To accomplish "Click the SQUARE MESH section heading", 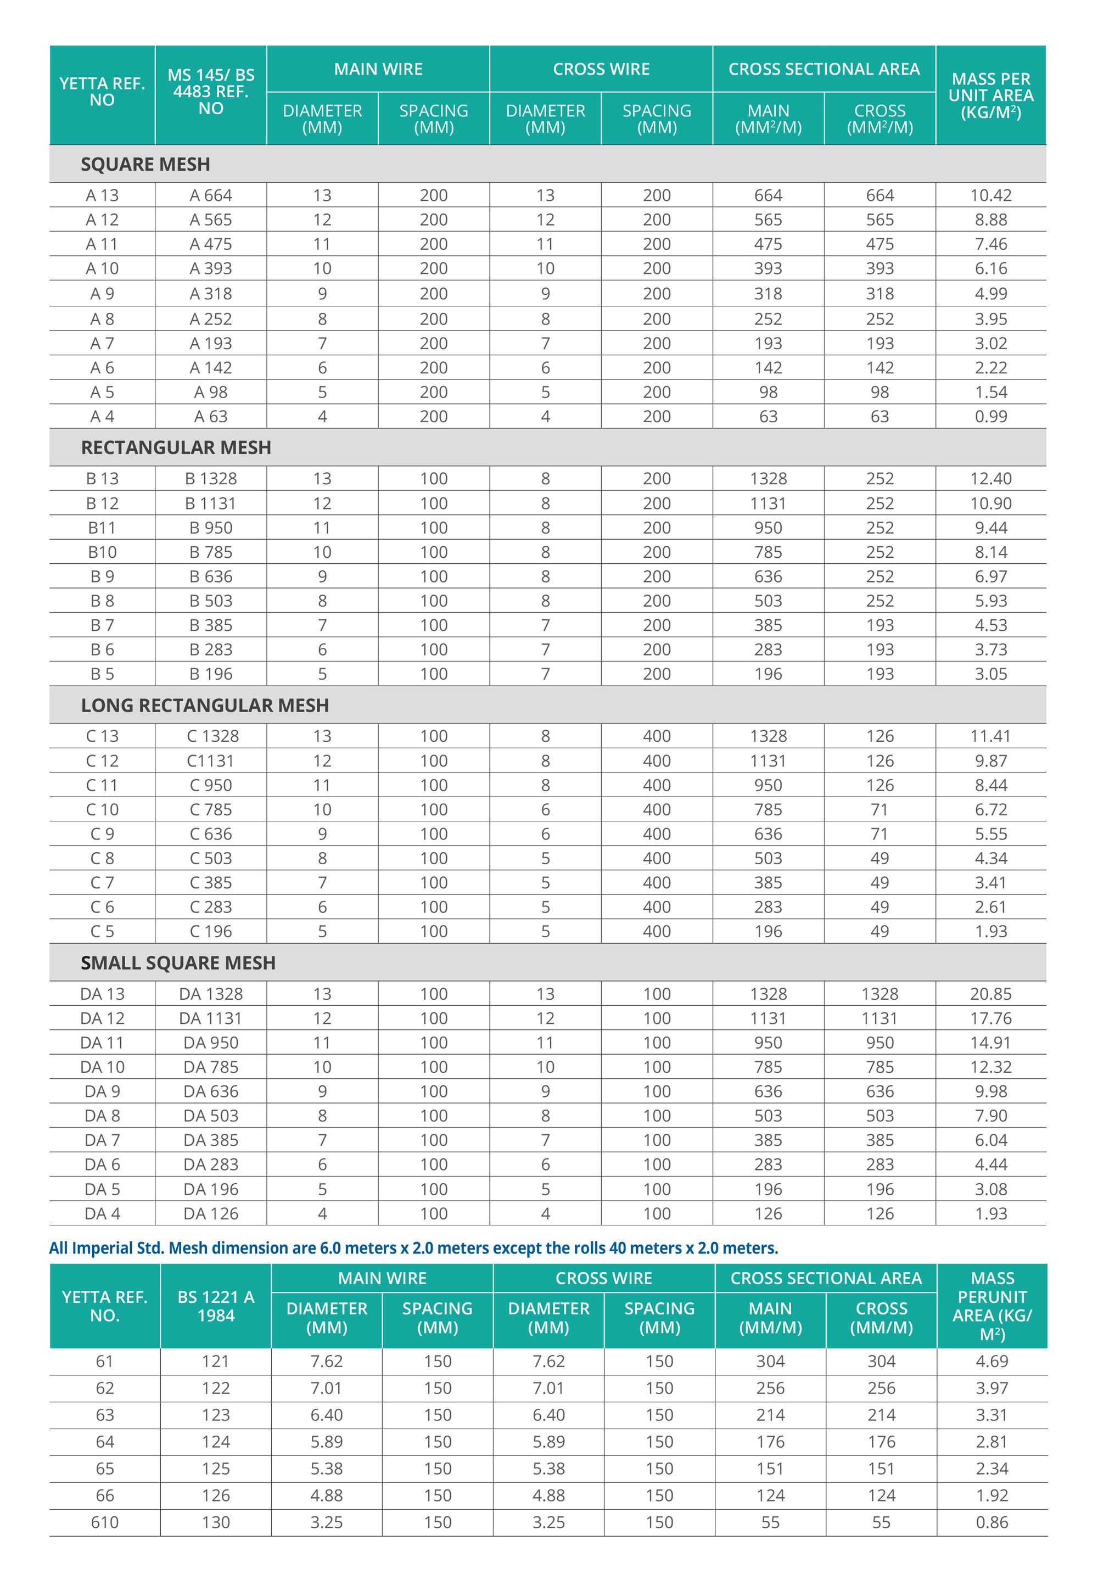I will (x=145, y=164).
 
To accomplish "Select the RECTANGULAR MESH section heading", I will (x=176, y=447).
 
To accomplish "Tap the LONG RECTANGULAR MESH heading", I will (x=205, y=705).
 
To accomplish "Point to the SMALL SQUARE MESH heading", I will (x=178, y=963).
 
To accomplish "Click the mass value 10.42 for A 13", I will (x=990, y=195).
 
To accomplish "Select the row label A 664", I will (x=210, y=195).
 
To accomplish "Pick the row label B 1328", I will (x=210, y=479).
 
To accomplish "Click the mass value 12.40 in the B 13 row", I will (x=990, y=479).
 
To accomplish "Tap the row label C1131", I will (x=210, y=760).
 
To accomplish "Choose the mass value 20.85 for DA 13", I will (x=990, y=994).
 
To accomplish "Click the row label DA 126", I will (x=210, y=1214).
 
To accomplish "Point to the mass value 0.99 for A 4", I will (x=990, y=417).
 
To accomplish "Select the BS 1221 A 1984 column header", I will (x=215, y=1306).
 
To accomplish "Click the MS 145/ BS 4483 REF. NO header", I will (x=210, y=92).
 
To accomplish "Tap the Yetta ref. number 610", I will (x=104, y=1522).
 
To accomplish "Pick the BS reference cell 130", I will (x=215, y=1522).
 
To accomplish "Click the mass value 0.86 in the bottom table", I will (x=991, y=1522).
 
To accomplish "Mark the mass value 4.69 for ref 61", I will (x=991, y=1362).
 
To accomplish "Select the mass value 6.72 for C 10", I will (x=990, y=809).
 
